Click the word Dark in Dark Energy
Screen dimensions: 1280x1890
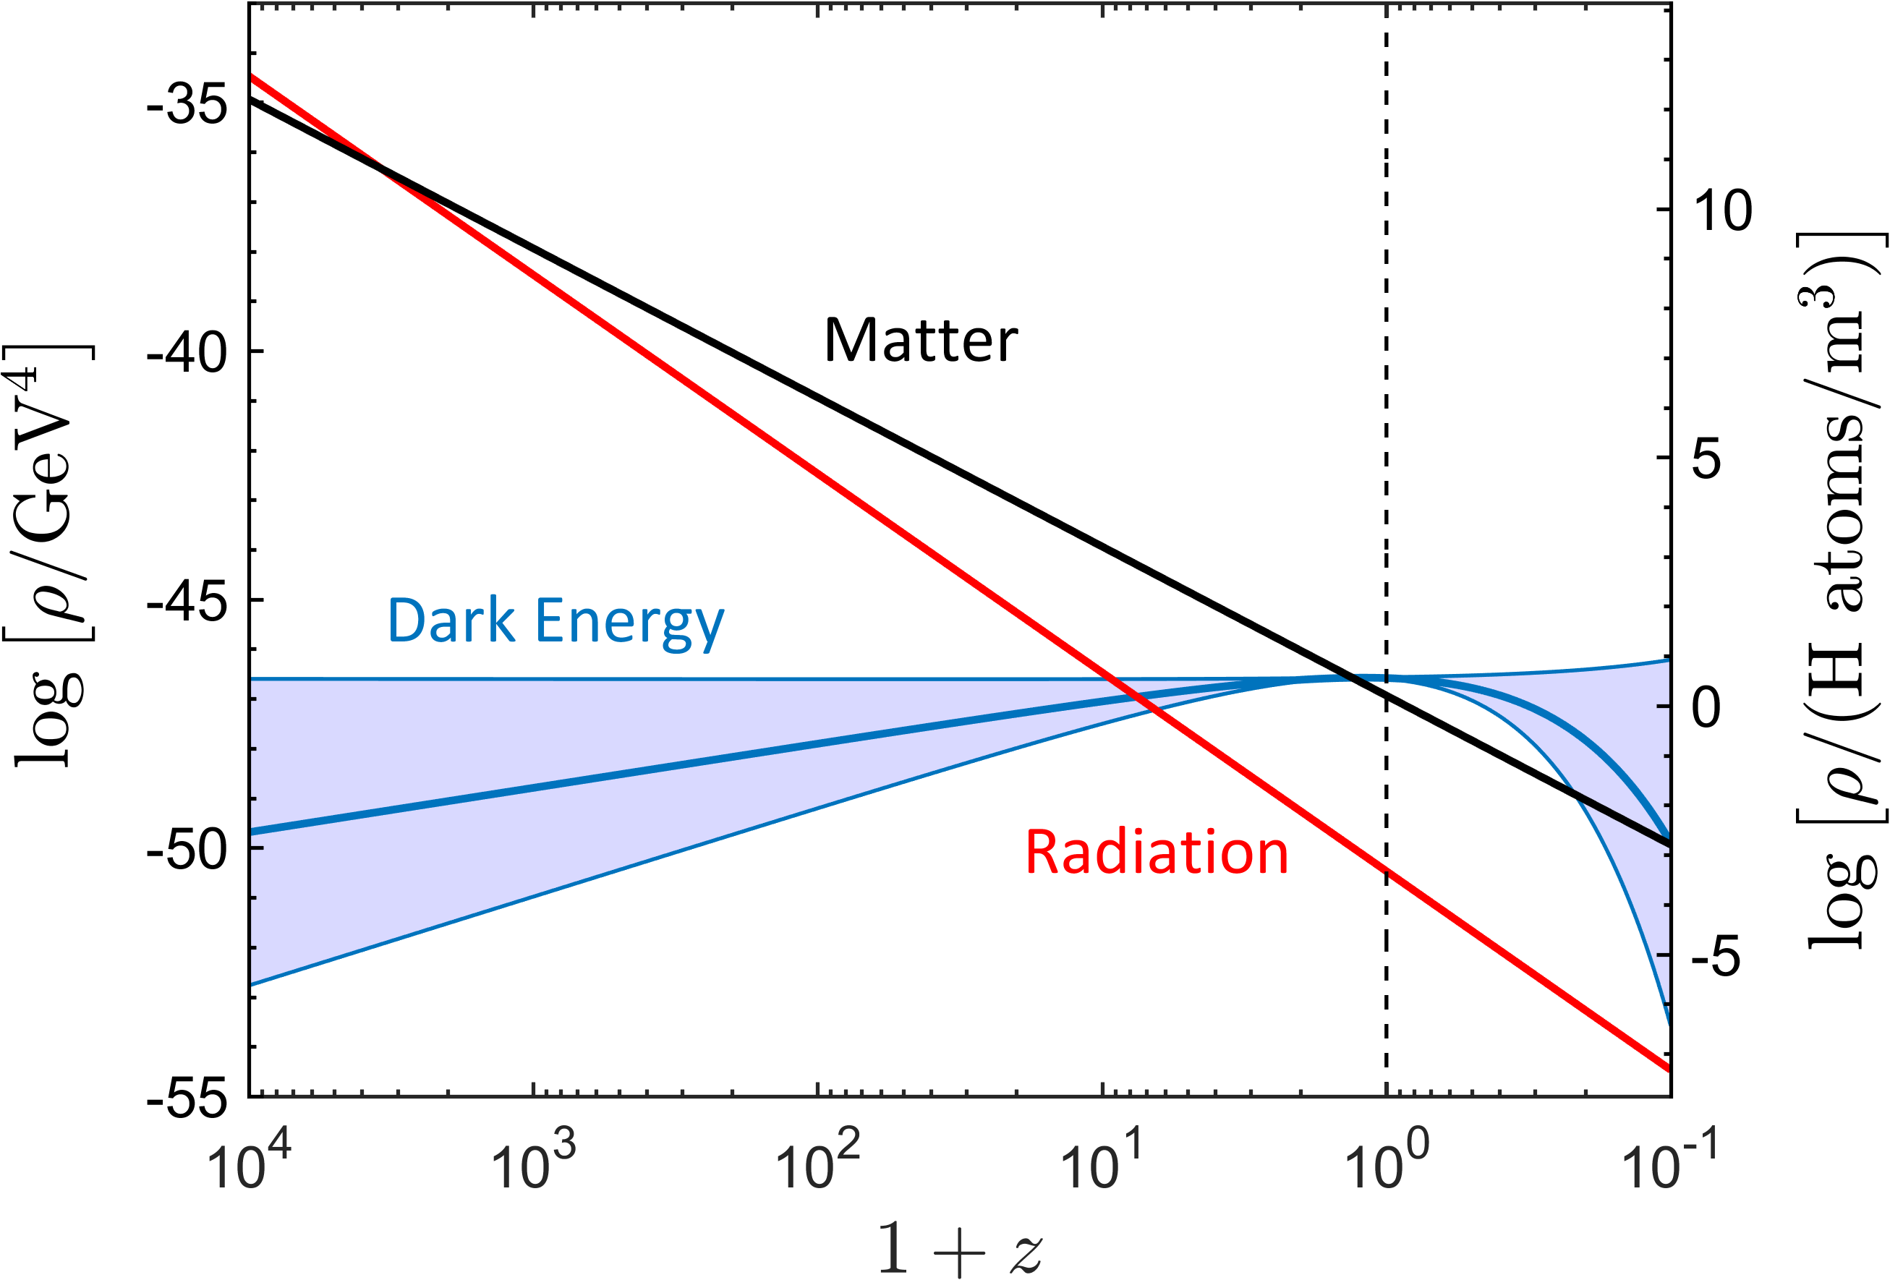[x=451, y=620]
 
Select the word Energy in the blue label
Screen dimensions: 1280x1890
[x=629, y=622]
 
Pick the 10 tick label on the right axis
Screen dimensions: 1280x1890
[x=1722, y=210]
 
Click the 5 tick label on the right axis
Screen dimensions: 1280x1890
[x=1706, y=458]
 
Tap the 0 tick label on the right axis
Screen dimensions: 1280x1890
[x=1706, y=707]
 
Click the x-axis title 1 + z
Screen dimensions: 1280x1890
[x=960, y=1248]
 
